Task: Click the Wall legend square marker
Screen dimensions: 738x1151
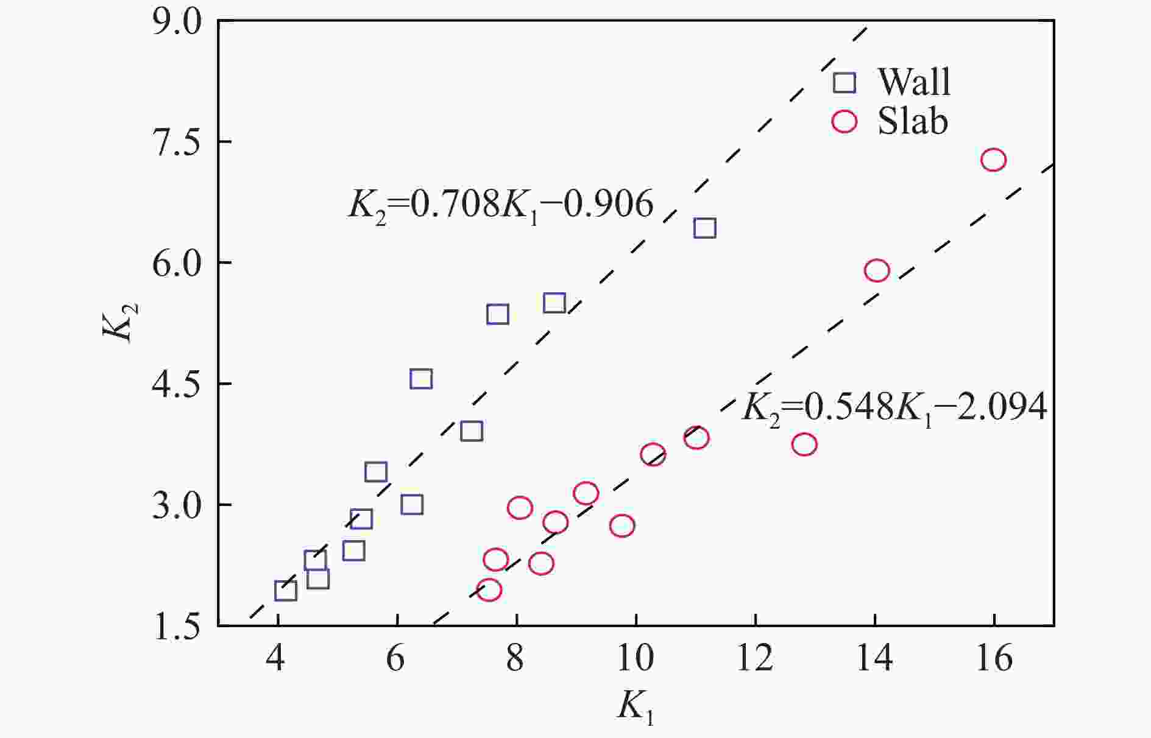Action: [x=845, y=82]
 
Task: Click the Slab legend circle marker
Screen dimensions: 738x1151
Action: [x=845, y=121]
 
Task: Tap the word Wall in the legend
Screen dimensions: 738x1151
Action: [x=913, y=82]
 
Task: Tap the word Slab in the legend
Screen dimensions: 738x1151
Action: [x=912, y=121]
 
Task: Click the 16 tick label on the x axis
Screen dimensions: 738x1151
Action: [x=994, y=659]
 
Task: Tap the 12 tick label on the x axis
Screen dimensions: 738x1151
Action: [x=755, y=659]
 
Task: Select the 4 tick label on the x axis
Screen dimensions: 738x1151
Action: [x=277, y=659]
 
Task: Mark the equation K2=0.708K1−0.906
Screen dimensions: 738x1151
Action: [x=500, y=205]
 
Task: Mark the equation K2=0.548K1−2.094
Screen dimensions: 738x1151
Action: [x=894, y=407]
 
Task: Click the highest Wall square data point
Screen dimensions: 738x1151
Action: [x=704, y=228]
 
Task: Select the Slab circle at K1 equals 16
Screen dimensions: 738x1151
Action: [x=993, y=160]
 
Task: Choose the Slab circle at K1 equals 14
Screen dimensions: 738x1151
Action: [x=877, y=270]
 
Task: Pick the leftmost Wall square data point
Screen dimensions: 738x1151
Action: [x=286, y=590]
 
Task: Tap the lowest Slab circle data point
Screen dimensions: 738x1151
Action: [x=489, y=589]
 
